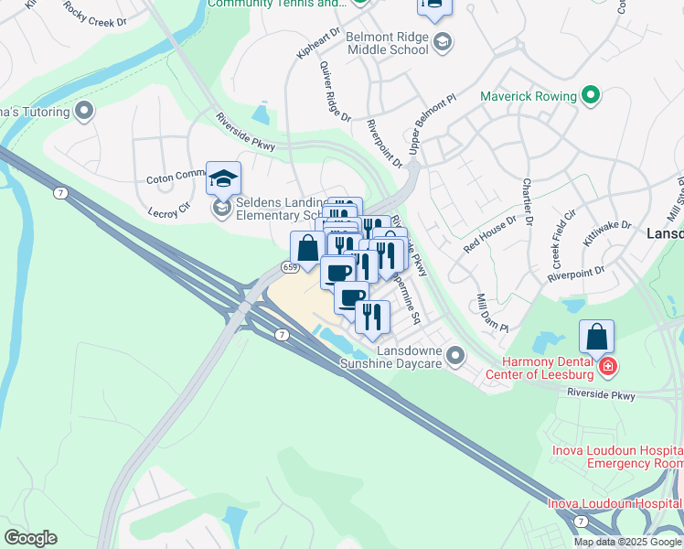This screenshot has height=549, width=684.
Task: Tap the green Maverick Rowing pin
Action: [x=591, y=95]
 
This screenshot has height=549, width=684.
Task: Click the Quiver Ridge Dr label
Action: [x=335, y=91]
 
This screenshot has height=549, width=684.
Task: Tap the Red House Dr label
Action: [x=490, y=235]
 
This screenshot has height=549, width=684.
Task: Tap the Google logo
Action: [x=30, y=538]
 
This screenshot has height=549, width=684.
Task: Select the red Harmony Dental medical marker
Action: [x=607, y=368]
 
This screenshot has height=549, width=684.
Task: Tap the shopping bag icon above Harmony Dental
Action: [x=596, y=337]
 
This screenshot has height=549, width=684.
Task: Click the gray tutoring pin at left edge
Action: [x=85, y=112]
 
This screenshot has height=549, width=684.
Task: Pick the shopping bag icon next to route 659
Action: [x=307, y=247]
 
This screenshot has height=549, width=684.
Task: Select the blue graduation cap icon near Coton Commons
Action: [x=223, y=178]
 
